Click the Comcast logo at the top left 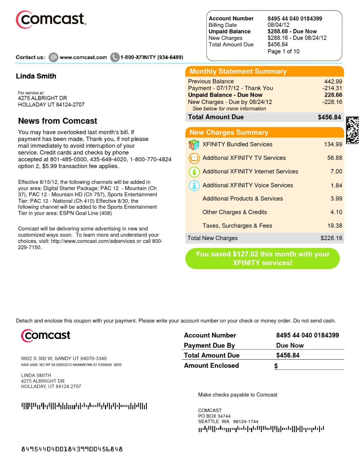[51, 20]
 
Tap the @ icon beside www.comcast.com [53, 57]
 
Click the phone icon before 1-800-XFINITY [115, 57]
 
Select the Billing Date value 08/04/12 [278, 25]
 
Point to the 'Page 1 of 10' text [283, 52]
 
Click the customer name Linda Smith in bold [36, 76]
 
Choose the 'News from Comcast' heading [58, 121]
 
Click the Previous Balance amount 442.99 [333, 82]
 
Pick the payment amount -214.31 [332, 88]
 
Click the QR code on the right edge [352, 130]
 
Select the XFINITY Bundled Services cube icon [194, 145]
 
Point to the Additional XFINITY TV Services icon [194, 158]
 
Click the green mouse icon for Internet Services [194, 172]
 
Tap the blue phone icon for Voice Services [194, 185]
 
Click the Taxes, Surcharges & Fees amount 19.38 [335, 226]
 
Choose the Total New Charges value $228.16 [331, 238]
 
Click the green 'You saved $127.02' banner [262, 258]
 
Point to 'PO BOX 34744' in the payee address [214, 416]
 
